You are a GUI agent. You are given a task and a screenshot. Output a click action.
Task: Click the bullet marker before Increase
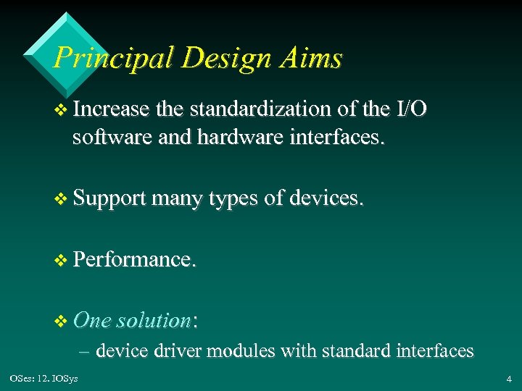click(60, 110)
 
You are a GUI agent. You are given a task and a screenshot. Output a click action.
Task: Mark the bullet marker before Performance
click(60, 259)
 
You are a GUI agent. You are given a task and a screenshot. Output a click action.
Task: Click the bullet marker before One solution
click(60, 320)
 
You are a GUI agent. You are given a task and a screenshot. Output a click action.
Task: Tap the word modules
click(241, 351)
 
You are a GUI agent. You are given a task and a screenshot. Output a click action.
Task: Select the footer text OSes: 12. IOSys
click(44, 378)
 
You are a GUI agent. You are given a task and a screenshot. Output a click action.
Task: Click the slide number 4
click(509, 378)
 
